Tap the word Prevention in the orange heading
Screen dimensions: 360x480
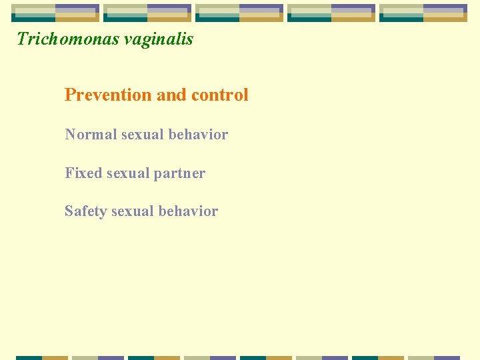coord(108,95)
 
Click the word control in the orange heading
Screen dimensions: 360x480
coord(219,95)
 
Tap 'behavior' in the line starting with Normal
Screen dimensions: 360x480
coord(198,135)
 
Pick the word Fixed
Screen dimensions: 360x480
coord(82,173)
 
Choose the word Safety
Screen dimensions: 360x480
coord(85,211)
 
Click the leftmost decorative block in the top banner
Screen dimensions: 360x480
coord(55,13)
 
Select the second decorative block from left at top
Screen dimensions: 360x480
coord(147,13)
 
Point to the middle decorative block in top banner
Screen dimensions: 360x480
coord(239,13)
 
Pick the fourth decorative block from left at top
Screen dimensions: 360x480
coord(331,13)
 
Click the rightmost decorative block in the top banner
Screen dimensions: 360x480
coord(423,13)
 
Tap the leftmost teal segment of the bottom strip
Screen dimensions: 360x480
coord(29,357)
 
